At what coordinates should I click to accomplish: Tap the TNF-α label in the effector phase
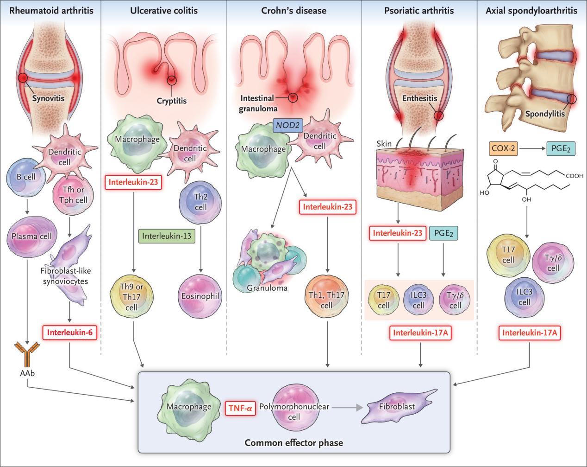(240, 407)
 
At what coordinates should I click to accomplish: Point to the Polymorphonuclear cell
(294, 411)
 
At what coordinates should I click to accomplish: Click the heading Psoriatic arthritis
(419, 10)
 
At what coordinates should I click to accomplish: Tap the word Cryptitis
(171, 100)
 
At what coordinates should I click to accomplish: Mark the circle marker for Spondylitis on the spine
(572, 99)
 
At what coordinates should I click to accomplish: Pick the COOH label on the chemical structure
(574, 176)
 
